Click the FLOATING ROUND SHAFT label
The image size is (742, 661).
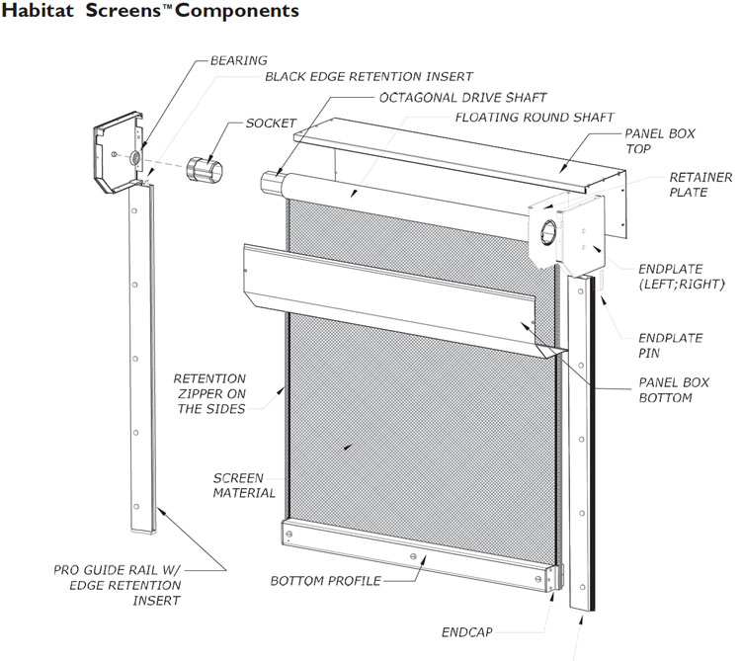pos(535,117)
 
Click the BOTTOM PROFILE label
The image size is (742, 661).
pos(325,579)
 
